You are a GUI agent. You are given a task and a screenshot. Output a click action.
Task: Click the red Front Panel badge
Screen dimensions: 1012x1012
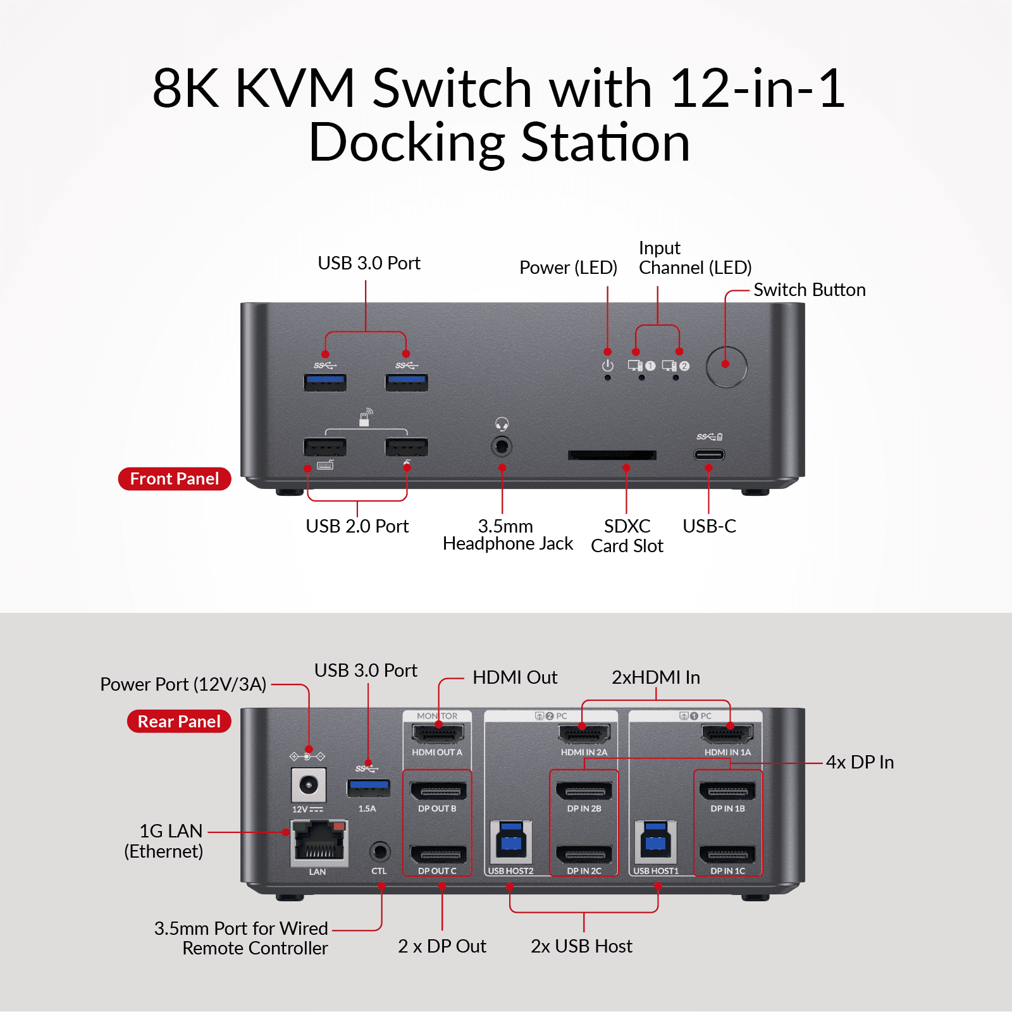pyautogui.click(x=175, y=479)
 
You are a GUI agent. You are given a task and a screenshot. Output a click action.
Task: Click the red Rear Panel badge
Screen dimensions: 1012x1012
pyautogui.click(x=179, y=722)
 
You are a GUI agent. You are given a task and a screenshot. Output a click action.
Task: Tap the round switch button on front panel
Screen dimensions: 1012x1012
pyautogui.click(x=726, y=366)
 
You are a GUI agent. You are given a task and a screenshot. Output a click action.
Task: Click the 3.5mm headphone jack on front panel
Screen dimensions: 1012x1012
pyautogui.click(x=502, y=447)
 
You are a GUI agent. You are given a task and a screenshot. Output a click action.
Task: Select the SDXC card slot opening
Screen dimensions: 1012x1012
pyautogui.click(x=612, y=455)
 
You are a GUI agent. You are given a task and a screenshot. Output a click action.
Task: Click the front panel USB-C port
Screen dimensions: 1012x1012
pyautogui.click(x=709, y=454)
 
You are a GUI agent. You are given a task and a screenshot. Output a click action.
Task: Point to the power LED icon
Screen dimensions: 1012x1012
pyautogui.click(x=608, y=366)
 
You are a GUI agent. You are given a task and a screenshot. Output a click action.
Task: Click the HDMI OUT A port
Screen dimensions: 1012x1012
pyautogui.click(x=438, y=734)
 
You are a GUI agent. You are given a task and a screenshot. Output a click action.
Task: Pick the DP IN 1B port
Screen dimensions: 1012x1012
pyautogui.click(x=727, y=791)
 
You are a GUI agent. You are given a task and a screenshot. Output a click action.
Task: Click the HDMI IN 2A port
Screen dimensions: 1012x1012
pyautogui.click(x=584, y=734)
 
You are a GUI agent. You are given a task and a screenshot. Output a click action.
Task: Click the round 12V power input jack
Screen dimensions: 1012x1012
pyautogui.click(x=309, y=786)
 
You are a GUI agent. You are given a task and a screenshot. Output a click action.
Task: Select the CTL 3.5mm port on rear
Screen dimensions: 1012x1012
pyautogui.click(x=379, y=851)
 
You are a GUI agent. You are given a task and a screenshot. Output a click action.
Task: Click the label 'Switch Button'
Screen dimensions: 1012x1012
pyautogui.click(x=809, y=290)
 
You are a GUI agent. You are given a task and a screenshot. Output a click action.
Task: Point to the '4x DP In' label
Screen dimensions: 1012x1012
pyautogui.click(x=860, y=762)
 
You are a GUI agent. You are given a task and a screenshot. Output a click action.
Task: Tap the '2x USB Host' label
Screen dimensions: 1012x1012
pyautogui.click(x=581, y=946)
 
